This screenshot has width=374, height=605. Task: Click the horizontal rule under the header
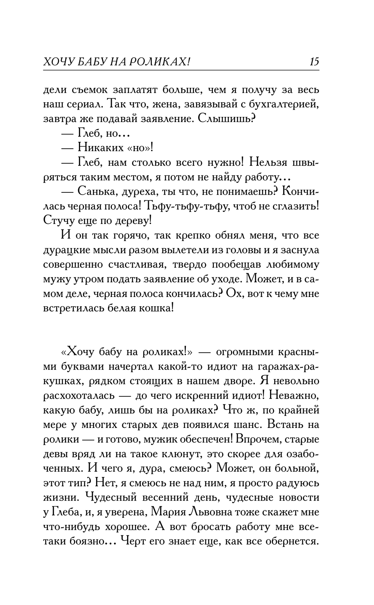[x=181, y=70]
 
